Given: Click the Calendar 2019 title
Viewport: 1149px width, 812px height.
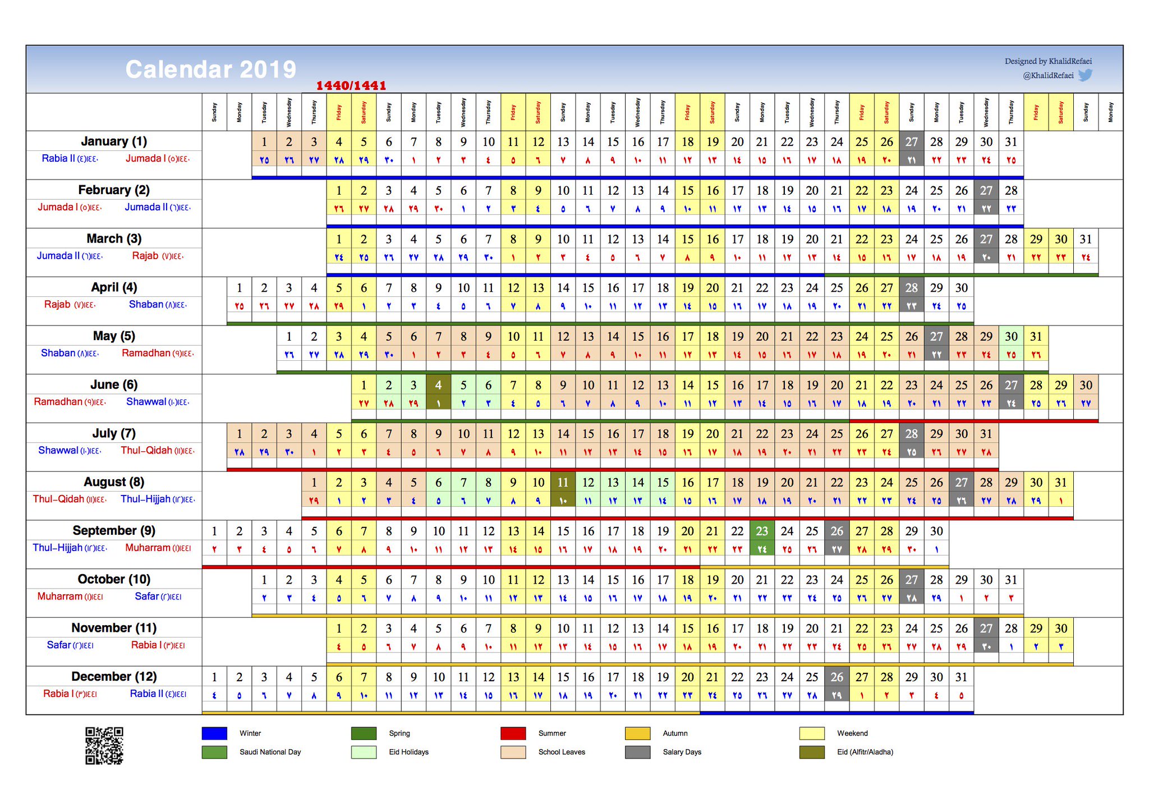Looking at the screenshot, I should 210,70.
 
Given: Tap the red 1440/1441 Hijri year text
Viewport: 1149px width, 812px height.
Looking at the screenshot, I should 351,86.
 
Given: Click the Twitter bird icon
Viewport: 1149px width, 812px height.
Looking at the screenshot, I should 1085,75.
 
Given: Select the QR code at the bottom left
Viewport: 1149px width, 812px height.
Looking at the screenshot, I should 104,746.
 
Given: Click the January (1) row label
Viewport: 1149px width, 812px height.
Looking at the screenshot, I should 114,141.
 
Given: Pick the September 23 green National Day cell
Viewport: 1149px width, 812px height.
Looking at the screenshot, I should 762,531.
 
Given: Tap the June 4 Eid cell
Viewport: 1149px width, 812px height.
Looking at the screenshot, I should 438,386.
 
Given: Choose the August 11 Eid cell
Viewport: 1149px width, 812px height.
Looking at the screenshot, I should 563,483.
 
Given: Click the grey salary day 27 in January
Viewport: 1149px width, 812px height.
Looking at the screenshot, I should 911,142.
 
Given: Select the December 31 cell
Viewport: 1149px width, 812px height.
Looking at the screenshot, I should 961,677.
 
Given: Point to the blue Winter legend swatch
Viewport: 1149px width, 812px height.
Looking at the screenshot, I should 214,733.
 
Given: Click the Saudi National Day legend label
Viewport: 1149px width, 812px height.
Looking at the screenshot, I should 270,752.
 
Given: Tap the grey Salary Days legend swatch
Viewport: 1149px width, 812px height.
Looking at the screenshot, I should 637,752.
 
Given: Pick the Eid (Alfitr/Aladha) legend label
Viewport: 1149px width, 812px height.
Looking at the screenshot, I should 865,752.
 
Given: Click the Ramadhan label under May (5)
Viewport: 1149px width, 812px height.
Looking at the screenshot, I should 146,353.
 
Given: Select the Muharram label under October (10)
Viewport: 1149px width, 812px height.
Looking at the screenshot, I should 60,596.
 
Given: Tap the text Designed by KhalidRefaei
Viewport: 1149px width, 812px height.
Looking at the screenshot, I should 1047,61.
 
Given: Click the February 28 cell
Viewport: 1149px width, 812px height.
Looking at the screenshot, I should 1011,191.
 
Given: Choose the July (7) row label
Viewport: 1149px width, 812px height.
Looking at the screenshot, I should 114,433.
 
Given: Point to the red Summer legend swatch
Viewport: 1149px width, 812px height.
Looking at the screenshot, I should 513,733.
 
